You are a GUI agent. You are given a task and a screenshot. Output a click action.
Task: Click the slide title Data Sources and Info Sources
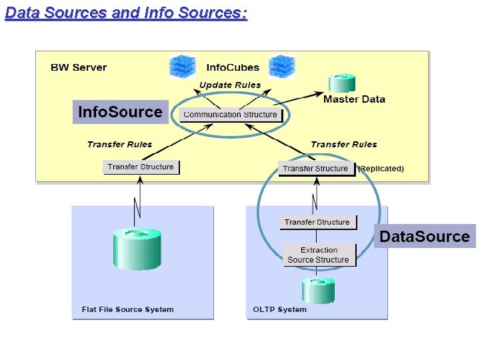pyautogui.click(x=126, y=13)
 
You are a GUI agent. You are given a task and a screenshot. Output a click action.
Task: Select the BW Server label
pyautogui.click(x=79, y=67)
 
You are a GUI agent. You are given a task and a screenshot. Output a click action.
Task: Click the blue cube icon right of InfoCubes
pyautogui.click(x=281, y=67)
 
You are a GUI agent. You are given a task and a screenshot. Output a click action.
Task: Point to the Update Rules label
pyautogui.click(x=229, y=85)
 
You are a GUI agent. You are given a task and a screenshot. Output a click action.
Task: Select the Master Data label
pyautogui.click(x=354, y=99)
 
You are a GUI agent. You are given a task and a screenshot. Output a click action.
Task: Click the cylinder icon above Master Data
pyautogui.click(x=341, y=83)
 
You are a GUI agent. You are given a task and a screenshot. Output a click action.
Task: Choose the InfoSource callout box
pyautogui.click(x=120, y=112)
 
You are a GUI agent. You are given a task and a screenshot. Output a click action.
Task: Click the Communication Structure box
pyautogui.click(x=230, y=115)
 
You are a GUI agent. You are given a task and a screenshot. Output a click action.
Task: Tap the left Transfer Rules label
pyautogui.click(x=119, y=144)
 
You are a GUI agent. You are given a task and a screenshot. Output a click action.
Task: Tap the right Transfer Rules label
pyautogui.click(x=343, y=144)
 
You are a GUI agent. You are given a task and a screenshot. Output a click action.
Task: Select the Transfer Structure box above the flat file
pyautogui.click(x=141, y=167)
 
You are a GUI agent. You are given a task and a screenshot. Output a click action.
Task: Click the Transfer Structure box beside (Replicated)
pyautogui.click(x=315, y=169)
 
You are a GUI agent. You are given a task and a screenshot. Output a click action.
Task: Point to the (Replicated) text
pyautogui.click(x=381, y=169)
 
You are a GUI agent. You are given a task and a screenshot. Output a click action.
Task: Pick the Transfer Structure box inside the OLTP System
pyautogui.click(x=317, y=222)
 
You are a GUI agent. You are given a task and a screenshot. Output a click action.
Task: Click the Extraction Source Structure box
pyautogui.click(x=318, y=255)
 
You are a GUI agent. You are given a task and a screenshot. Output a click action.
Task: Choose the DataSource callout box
pyautogui.click(x=425, y=236)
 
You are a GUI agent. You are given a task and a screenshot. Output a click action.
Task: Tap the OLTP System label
pyautogui.click(x=280, y=309)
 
